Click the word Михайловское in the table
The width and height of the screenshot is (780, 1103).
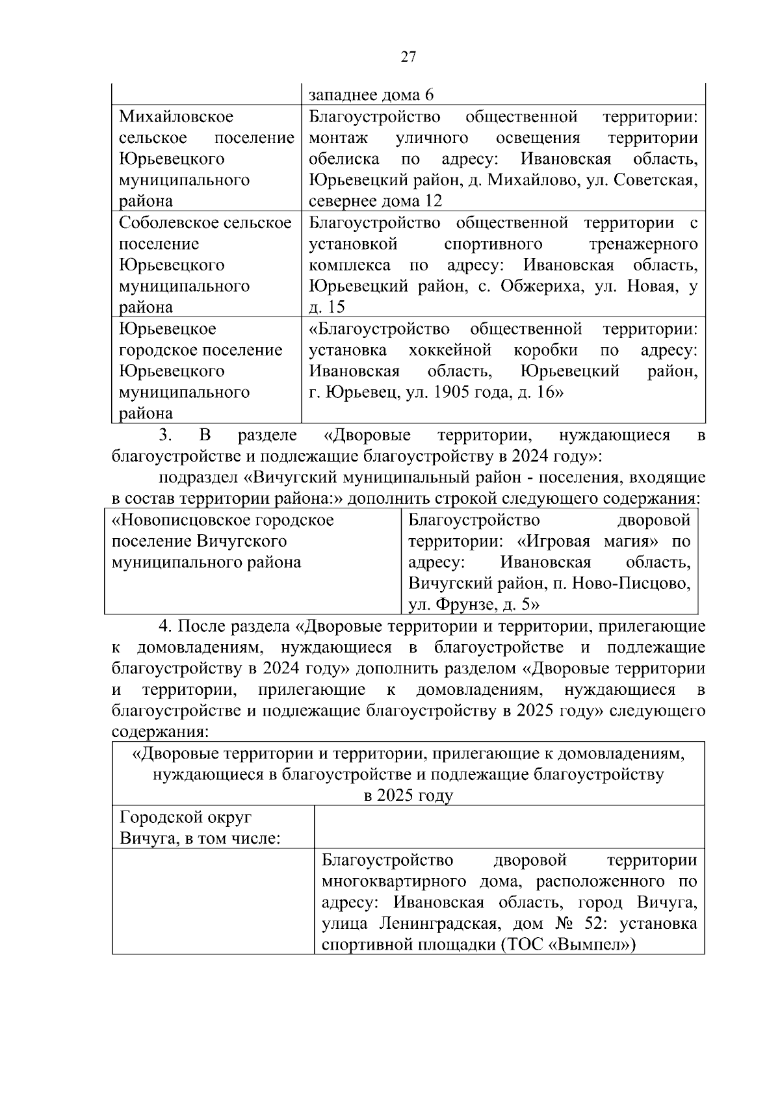tap(176, 117)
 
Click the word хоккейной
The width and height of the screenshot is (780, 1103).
tap(450, 350)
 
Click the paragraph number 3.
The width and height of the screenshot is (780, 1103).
tap(164, 435)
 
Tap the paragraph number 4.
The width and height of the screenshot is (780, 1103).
tap(164, 626)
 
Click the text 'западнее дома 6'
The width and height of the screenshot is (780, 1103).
tap(371, 96)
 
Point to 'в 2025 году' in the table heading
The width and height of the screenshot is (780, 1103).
tap(408, 796)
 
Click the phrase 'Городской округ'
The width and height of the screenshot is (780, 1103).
tap(185, 818)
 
